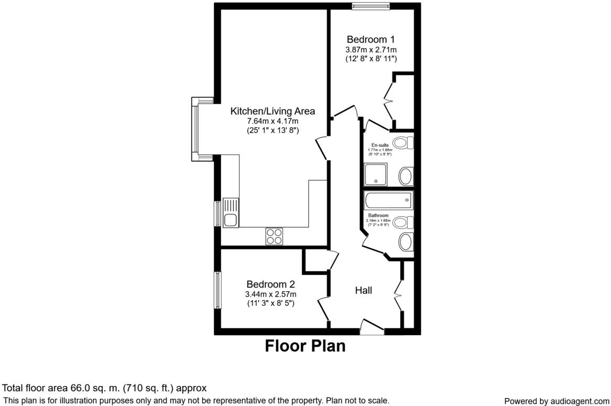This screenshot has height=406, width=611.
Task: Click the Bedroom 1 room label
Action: (370, 39)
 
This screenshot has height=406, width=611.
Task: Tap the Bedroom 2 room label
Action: (271, 284)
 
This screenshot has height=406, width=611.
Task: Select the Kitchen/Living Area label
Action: (272, 111)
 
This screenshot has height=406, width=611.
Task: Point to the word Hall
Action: (364, 290)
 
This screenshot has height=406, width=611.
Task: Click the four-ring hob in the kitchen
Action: (274, 236)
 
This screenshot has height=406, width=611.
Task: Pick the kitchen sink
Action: (231, 213)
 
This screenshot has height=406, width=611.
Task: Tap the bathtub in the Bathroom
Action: (388, 201)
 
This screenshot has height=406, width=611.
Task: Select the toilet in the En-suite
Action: (403, 142)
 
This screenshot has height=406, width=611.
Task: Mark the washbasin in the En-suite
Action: (406, 176)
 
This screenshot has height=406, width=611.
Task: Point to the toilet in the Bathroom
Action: (402, 222)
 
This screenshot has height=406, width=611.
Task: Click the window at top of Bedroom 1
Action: (370, 6)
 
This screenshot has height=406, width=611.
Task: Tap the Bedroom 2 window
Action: (217, 290)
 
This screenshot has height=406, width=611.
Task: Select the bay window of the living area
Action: (196, 128)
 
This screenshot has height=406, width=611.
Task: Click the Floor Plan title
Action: (305, 346)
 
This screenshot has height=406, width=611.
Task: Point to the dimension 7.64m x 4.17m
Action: (272, 122)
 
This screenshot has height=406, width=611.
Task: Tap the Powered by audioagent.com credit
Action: (557, 401)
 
